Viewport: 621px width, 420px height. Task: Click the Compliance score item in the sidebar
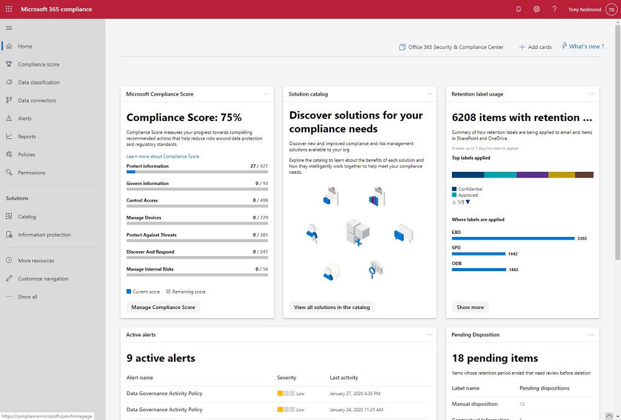pyautogui.click(x=39, y=65)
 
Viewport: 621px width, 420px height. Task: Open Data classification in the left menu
pyautogui.click(x=39, y=83)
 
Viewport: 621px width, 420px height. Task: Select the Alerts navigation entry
pyautogui.click(x=25, y=118)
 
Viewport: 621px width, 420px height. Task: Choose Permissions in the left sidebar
pyautogui.click(x=32, y=172)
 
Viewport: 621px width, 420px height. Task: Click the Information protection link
pyautogui.click(x=44, y=235)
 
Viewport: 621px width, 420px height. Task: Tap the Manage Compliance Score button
pyautogui.click(x=163, y=307)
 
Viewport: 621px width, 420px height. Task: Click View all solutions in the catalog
pyautogui.click(x=332, y=307)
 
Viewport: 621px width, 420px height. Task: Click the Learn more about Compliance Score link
pyautogui.click(x=163, y=156)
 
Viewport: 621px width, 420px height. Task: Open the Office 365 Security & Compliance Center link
pyautogui.click(x=451, y=47)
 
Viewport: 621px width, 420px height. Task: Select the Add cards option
pyautogui.click(x=535, y=47)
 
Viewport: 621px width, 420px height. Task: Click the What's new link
pyautogui.click(x=583, y=47)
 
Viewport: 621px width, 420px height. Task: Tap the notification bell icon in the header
pyautogui.click(x=519, y=9)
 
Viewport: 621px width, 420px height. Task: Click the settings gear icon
pyautogui.click(x=537, y=9)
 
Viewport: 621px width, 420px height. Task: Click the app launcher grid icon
pyautogui.click(x=9, y=9)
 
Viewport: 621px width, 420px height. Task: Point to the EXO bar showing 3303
pyautogui.click(x=513, y=238)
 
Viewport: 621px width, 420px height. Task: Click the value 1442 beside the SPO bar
pyautogui.click(x=512, y=254)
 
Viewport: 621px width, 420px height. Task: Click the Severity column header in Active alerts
pyautogui.click(x=286, y=378)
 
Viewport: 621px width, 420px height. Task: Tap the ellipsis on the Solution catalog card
pyautogui.click(x=429, y=94)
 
